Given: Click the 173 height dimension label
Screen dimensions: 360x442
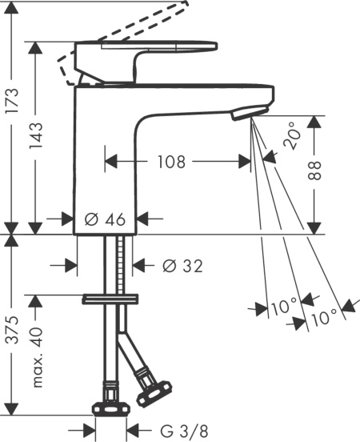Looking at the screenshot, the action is (13, 101).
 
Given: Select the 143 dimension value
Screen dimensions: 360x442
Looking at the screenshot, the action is (36, 136).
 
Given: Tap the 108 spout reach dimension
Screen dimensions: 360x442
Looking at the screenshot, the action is (171, 162).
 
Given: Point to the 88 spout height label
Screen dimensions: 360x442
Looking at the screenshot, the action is (314, 171).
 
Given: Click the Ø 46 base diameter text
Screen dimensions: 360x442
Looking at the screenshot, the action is (105, 219).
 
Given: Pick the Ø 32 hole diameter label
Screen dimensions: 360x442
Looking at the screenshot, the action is (183, 266).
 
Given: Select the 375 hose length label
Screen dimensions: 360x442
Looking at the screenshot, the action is (13, 330).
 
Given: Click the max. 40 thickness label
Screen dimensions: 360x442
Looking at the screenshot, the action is (37, 357).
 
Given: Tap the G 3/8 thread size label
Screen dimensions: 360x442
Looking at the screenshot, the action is (184, 431).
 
